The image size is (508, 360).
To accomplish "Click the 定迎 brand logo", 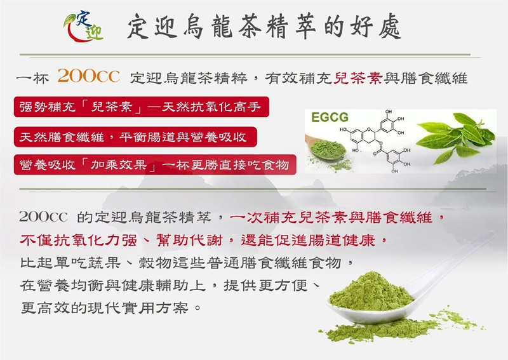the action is [84, 27].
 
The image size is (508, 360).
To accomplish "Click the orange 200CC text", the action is [89, 76].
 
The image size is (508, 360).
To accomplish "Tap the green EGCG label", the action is [330, 117].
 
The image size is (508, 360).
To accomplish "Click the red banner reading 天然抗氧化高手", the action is [142, 107].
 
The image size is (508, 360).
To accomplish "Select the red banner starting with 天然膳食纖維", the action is [135, 137].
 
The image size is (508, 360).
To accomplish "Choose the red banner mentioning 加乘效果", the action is [155, 165].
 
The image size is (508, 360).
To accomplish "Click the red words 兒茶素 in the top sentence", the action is [358, 78].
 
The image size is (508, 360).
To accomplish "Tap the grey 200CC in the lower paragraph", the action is [43, 217].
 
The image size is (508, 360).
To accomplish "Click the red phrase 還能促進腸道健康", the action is [308, 240].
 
